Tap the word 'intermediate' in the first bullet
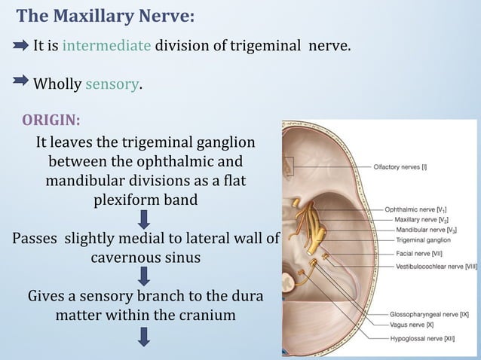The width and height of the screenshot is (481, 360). [106, 46]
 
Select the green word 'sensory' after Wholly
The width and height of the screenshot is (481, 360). [112, 84]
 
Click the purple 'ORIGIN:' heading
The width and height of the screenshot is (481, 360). [51, 120]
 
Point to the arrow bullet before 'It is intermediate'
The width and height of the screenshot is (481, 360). [22, 46]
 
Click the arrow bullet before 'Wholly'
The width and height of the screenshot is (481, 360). [22, 83]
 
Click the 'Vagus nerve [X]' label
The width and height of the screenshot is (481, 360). [412, 325]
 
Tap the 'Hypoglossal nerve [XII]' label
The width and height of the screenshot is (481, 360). [421, 340]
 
